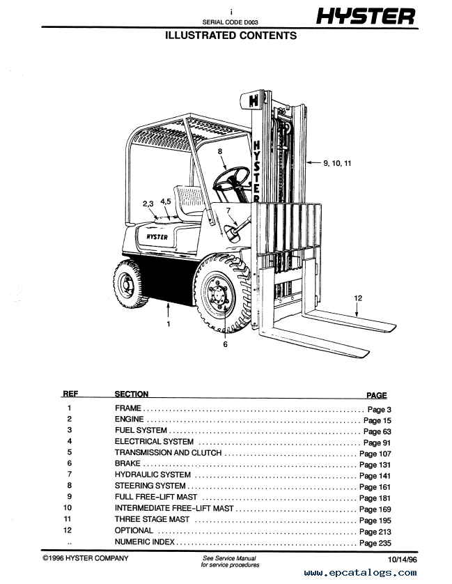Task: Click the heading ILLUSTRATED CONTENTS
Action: pyautogui.click(x=231, y=36)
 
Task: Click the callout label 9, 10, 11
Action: pyautogui.click(x=338, y=163)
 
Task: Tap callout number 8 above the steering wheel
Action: pyautogui.click(x=219, y=151)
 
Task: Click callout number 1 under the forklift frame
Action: pyautogui.click(x=168, y=324)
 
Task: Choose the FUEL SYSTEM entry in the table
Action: pyautogui.click(x=141, y=431)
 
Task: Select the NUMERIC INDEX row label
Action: pyautogui.click(x=144, y=542)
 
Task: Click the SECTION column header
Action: pyautogui.click(x=131, y=394)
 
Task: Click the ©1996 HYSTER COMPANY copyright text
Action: pyautogui.click(x=85, y=559)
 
